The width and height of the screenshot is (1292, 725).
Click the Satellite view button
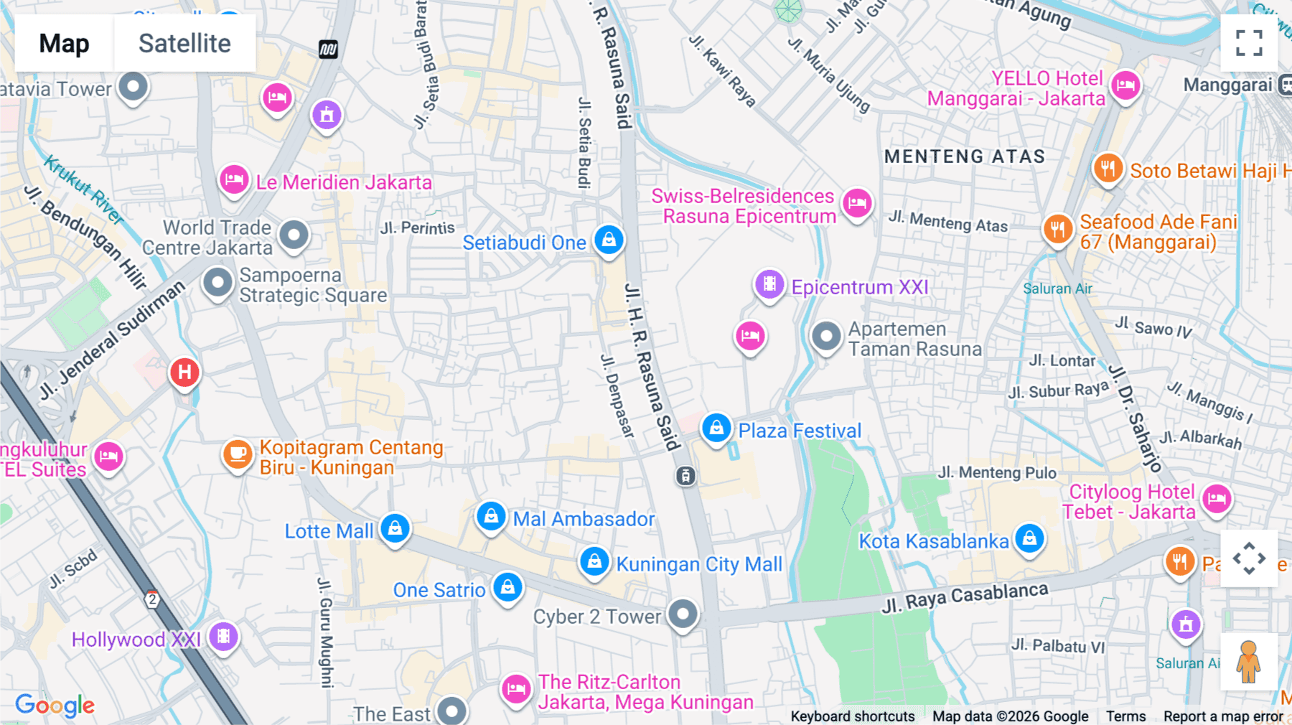[x=184, y=43]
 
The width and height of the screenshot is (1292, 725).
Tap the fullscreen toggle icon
[x=1249, y=43]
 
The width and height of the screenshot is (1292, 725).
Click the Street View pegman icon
[x=1248, y=662]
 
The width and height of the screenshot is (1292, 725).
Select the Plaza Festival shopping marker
[x=716, y=428]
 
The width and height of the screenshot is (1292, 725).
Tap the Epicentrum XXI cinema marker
[x=769, y=284]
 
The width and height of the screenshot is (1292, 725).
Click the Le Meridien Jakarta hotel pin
[x=234, y=179]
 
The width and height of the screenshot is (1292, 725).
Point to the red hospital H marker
[x=184, y=372]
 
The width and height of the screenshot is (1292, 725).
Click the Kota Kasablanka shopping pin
[x=1029, y=538]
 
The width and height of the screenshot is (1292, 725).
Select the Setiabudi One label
[x=524, y=243]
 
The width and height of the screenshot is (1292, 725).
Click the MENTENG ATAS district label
[x=964, y=156]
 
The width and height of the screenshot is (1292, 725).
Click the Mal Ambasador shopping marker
[x=491, y=515]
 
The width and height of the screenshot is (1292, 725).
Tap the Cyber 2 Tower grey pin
[x=683, y=614]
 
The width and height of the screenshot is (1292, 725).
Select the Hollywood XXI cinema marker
[x=223, y=636]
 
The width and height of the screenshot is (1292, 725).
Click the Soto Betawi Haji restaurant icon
[x=1108, y=169]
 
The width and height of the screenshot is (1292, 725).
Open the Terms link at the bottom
[x=1125, y=716]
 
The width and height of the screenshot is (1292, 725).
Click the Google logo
[x=55, y=705]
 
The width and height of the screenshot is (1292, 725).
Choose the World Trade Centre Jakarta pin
[x=294, y=235]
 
